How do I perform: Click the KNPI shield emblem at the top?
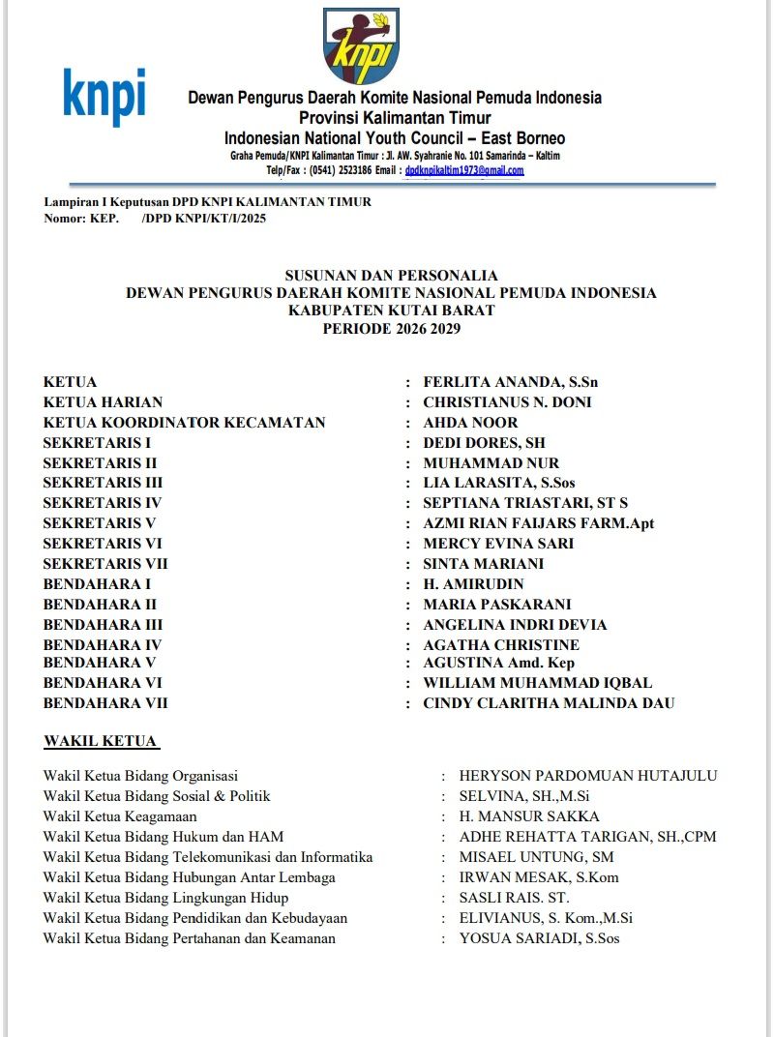point(360,46)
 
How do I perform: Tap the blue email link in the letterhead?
point(464,170)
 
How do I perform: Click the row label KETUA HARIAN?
point(103,402)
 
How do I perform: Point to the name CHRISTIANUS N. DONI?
point(507,402)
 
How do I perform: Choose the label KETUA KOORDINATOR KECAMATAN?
point(184,423)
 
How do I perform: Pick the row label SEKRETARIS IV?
point(102,503)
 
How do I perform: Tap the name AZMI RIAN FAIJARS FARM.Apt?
point(538,523)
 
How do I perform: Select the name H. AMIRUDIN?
point(473,584)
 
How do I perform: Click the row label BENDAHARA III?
point(103,625)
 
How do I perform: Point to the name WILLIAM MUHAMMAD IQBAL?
point(537,683)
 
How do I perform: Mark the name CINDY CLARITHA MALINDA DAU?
point(549,703)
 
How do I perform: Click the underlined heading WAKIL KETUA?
point(101,742)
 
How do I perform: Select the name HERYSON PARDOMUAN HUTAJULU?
point(588,776)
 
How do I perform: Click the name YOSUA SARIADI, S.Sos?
point(539,938)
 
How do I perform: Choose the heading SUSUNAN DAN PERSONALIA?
point(391,276)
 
